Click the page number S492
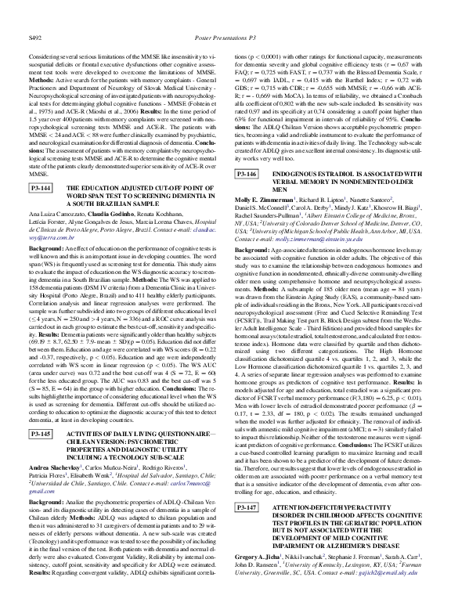34,15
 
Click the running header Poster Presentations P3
225,15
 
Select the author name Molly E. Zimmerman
265,200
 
